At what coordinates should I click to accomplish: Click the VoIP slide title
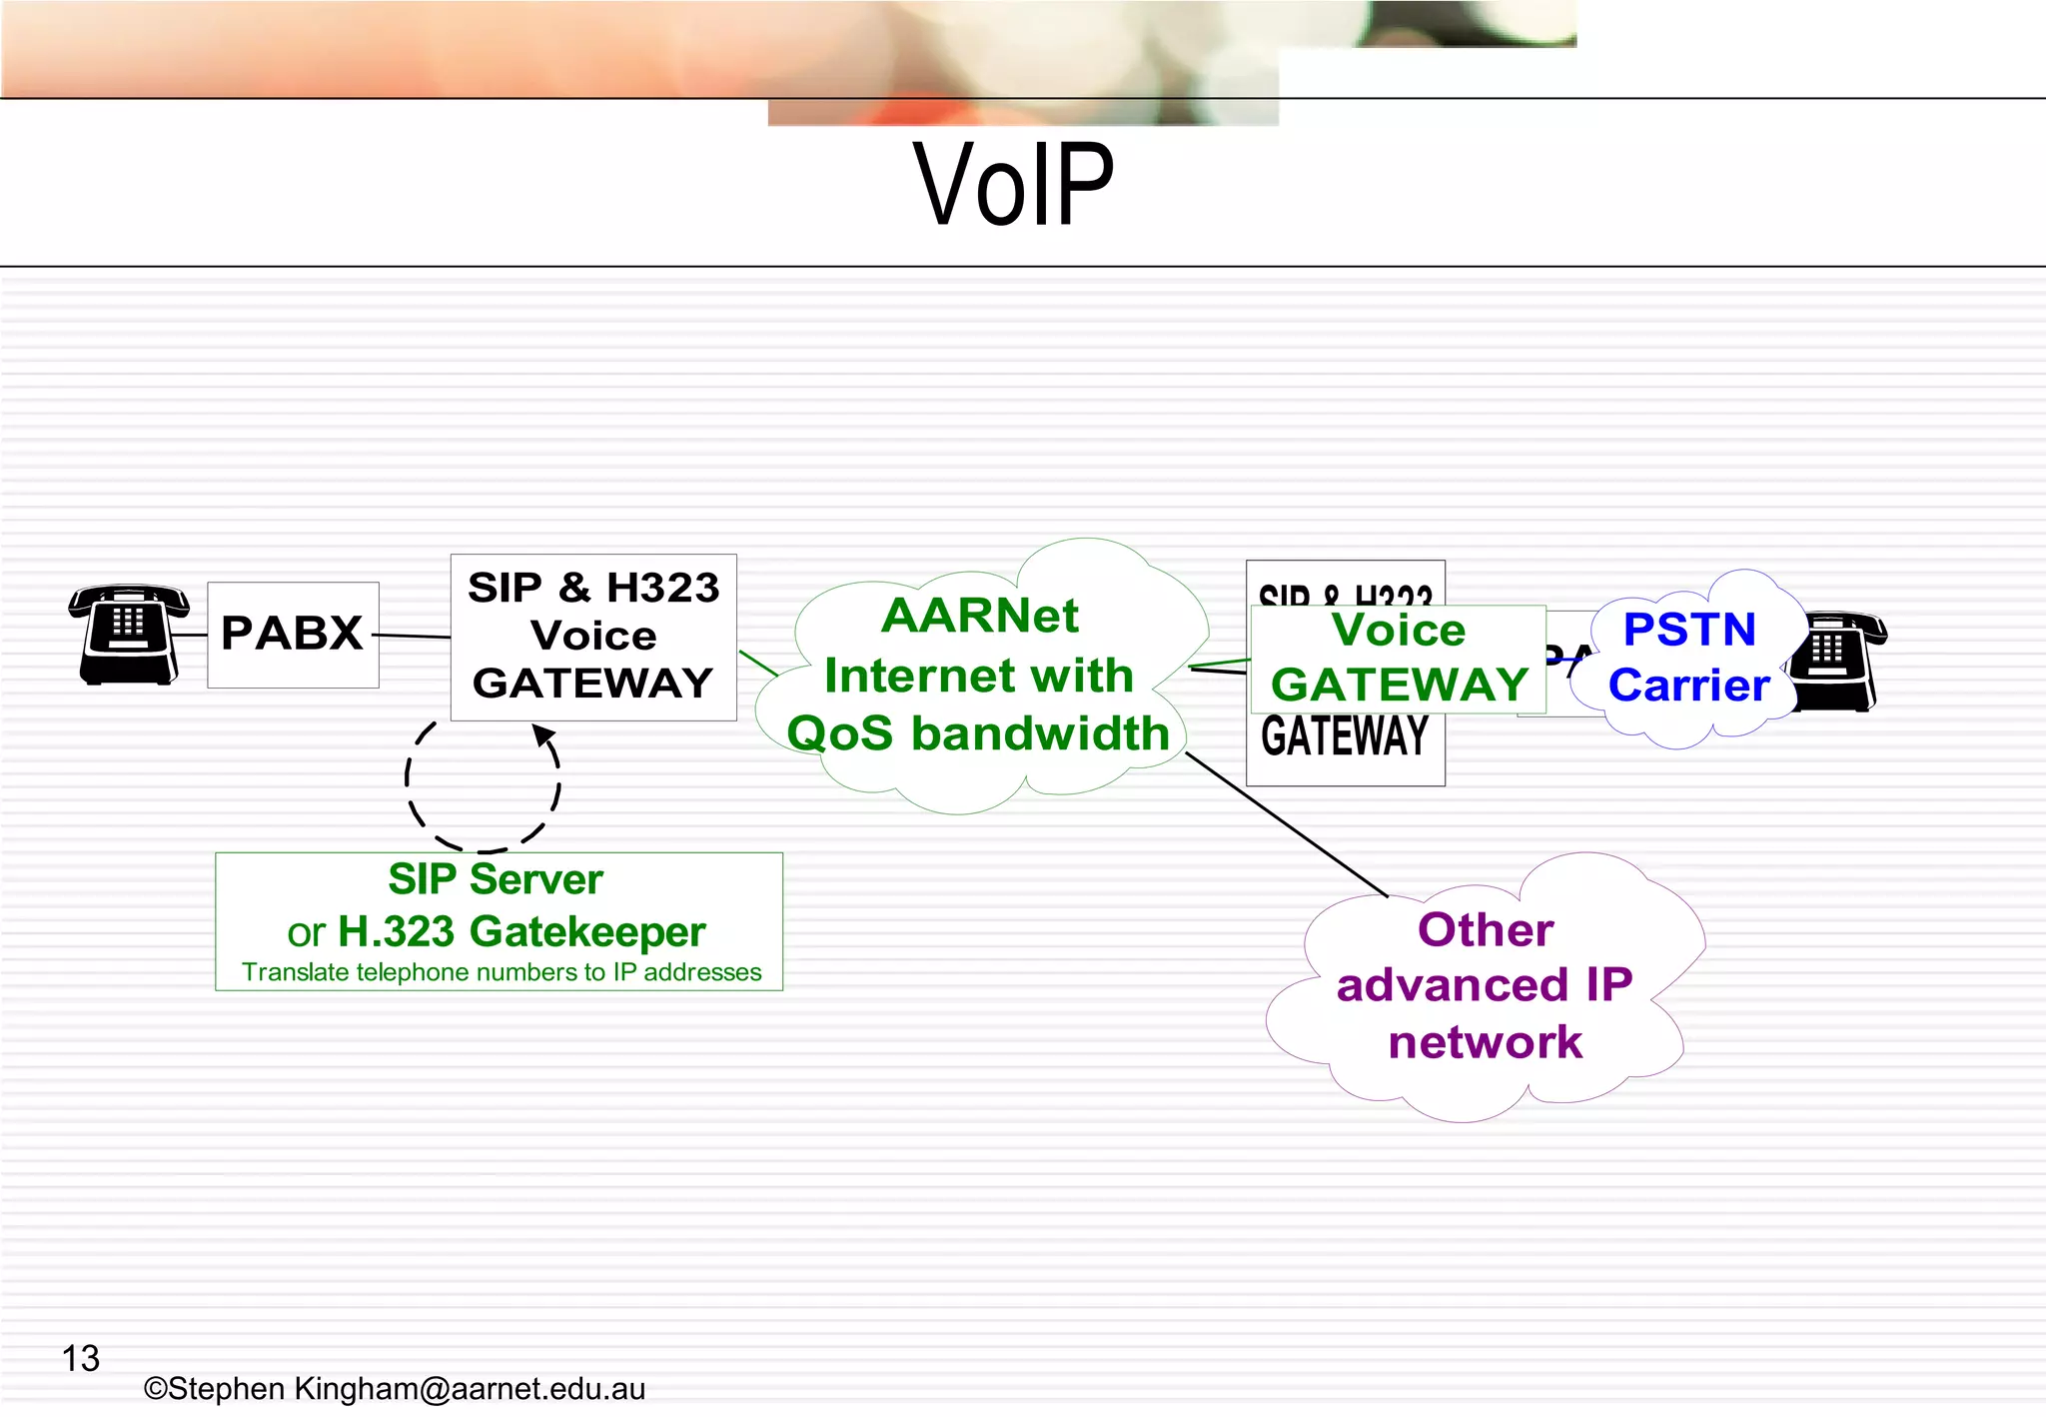click(1013, 185)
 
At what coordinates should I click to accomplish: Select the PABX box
click(293, 635)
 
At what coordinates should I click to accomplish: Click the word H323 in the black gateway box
click(662, 588)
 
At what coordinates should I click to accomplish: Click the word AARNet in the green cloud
click(979, 616)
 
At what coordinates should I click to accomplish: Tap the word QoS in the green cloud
click(839, 733)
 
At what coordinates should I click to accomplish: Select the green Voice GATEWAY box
click(1398, 659)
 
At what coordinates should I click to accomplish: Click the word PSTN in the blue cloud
click(1689, 630)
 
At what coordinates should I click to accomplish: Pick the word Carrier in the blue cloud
click(1688, 686)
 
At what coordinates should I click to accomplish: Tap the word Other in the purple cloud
click(1486, 929)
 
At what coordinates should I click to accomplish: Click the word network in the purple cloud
click(1486, 1042)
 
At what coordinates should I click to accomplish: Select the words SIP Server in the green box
click(496, 879)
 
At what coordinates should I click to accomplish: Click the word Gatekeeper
click(587, 932)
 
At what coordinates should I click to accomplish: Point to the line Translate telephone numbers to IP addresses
click(502, 972)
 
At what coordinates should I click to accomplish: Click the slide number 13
click(81, 1358)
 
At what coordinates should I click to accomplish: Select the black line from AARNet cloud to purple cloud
click(1286, 824)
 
